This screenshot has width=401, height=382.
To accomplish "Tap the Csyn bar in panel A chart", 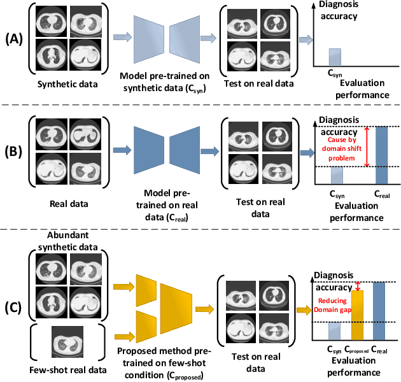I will click(x=335, y=57).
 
